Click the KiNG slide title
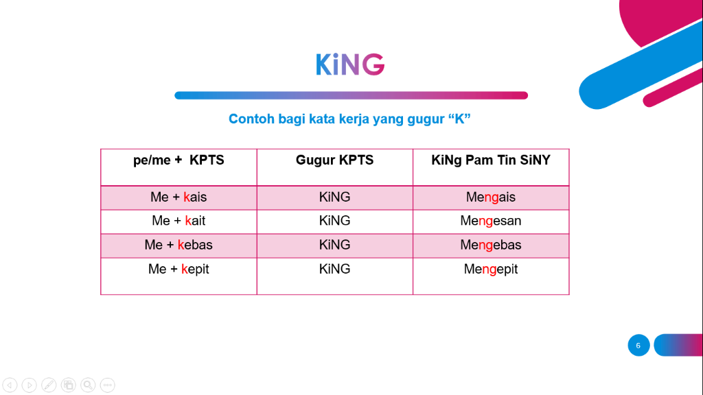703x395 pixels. (350, 64)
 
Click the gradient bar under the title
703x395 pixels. (351, 95)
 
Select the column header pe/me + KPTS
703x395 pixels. (178, 160)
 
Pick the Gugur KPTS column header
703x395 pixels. (334, 160)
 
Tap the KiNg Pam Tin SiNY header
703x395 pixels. (491, 160)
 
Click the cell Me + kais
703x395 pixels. (178, 197)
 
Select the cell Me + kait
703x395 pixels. (178, 221)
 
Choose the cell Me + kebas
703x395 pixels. (178, 245)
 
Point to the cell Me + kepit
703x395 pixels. (178, 269)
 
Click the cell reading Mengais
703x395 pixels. (491, 197)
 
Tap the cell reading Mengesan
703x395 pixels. (491, 221)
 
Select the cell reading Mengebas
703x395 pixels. (491, 245)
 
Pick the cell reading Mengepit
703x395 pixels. (491, 269)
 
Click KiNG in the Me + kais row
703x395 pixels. (334, 197)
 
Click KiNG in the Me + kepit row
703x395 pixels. (334, 269)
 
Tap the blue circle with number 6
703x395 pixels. (638, 346)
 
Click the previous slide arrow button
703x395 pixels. (10, 385)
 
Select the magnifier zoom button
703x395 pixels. (88, 385)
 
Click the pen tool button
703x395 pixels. (49, 385)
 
